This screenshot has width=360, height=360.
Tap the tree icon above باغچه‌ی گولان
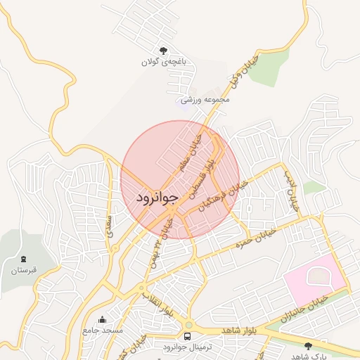[164, 51]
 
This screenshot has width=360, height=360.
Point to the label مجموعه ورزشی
[205, 100]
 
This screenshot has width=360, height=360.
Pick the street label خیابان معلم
[190, 149]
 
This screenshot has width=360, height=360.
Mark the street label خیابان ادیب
[291, 191]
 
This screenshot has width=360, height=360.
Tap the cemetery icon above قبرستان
[24, 259]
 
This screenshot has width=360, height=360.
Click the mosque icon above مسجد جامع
[103, 319]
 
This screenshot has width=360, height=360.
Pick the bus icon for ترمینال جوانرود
[188, 336]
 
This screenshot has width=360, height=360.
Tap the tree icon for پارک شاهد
[308, 345]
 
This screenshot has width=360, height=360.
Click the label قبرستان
[24, 270]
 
